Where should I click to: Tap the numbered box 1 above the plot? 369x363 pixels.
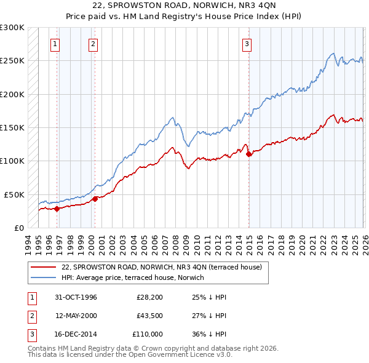click(55, 44)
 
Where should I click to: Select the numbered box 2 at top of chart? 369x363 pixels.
click(93, 44)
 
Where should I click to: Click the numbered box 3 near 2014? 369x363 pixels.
click(247, 44)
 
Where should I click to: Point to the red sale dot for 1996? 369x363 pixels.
click(57, 209)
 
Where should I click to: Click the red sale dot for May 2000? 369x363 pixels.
click(95, 198)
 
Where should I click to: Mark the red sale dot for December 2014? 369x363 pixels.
click(249, 154)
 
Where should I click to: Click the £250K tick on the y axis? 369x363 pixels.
click(12, 61)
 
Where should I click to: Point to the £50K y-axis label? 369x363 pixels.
click(14, 194)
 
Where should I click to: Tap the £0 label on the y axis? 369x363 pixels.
click(19, 228)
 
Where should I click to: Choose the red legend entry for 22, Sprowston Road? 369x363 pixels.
click(162, 267)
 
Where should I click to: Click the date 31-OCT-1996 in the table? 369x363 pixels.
click(76, 297)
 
